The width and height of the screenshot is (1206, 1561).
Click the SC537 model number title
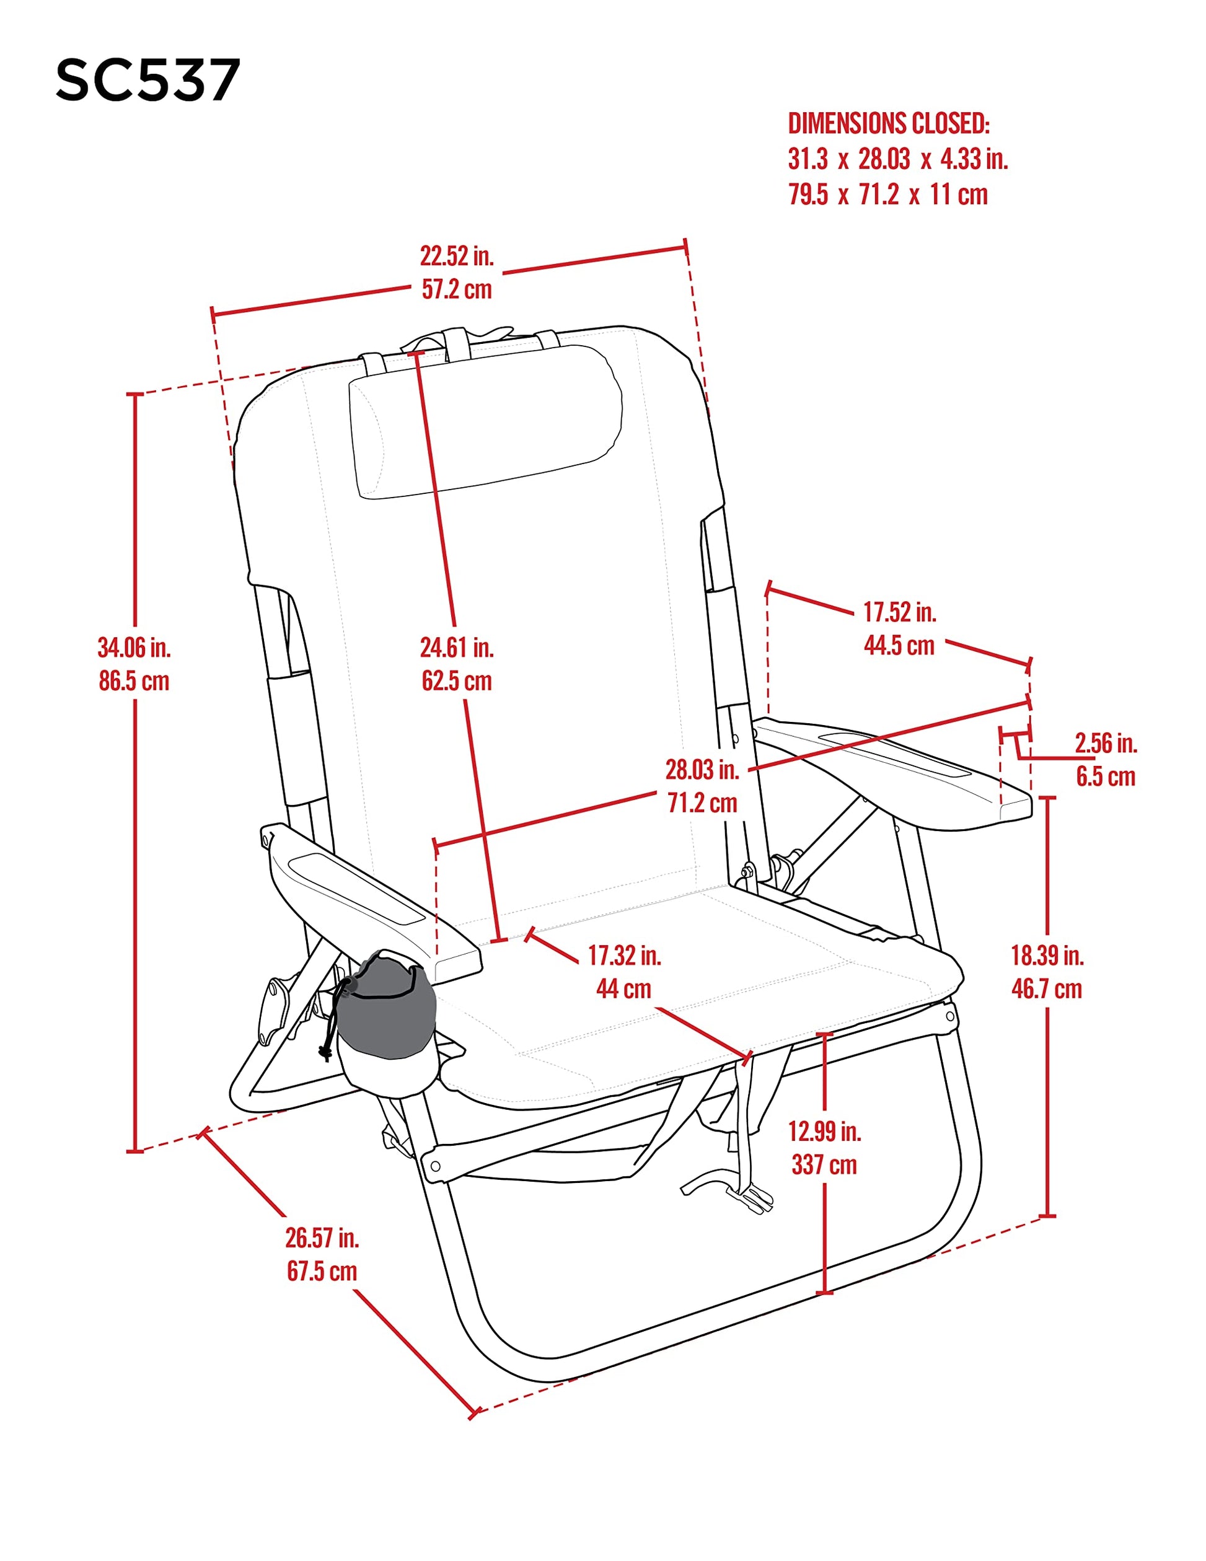coord(147,80)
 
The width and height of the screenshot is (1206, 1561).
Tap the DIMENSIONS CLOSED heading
coord(889,124)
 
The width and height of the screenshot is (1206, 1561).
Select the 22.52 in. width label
coord(457,256)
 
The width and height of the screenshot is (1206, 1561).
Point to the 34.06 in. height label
coord(134,648)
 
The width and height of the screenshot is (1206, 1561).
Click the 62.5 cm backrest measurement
coord(457,681)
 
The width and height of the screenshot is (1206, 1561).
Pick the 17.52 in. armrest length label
coord(899,612)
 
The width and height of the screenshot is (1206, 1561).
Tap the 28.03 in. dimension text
coord(702,770)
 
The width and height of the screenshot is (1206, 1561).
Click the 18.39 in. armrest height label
coord(1047,956)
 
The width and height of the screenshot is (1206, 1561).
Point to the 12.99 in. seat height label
coord(824,1132)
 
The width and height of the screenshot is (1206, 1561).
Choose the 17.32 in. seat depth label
coord(624,956)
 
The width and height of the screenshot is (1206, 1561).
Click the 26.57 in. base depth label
coord(322,1238)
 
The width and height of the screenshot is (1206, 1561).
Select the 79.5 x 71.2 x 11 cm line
coord(888,195)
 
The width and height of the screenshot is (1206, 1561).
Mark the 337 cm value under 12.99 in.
coord(824,1165)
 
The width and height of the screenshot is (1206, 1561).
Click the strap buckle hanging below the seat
coord(754,1198)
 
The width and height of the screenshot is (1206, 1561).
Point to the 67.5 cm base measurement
coord(322,1272)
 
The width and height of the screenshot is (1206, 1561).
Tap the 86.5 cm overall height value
coord(134,681)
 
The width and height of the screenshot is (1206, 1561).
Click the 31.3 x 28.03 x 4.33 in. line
coord(898,159)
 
